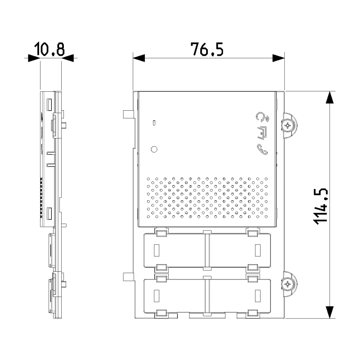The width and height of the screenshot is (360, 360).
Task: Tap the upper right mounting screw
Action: pyautogui.click(x=288, y=125)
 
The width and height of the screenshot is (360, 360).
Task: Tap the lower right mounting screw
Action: pyautogui.click(x=288, y=283)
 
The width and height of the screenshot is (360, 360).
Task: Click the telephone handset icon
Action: pyautogui.click(x=262, y=149)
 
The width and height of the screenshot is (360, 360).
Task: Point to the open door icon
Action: pyautogui.click(x=262, y=133)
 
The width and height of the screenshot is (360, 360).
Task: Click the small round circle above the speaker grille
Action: pyautogui.click(x=154, y=149)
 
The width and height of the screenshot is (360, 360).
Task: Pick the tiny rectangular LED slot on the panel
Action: pyautogui.click(x=154, y=122)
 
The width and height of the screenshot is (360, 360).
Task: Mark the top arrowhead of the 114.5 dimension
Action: pyautogui.click(x=330, y=97)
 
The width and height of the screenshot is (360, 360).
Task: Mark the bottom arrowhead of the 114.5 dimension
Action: pyautogui.click(x=330, y=312)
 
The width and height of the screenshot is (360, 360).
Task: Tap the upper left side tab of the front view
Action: pyautogui.click(x=128, y=115)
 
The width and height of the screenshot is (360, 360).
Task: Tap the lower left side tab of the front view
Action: pyautogui.click(x=128, y=276)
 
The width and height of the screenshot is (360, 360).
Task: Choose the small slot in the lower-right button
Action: pyautogui.click(x=258, y=295)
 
